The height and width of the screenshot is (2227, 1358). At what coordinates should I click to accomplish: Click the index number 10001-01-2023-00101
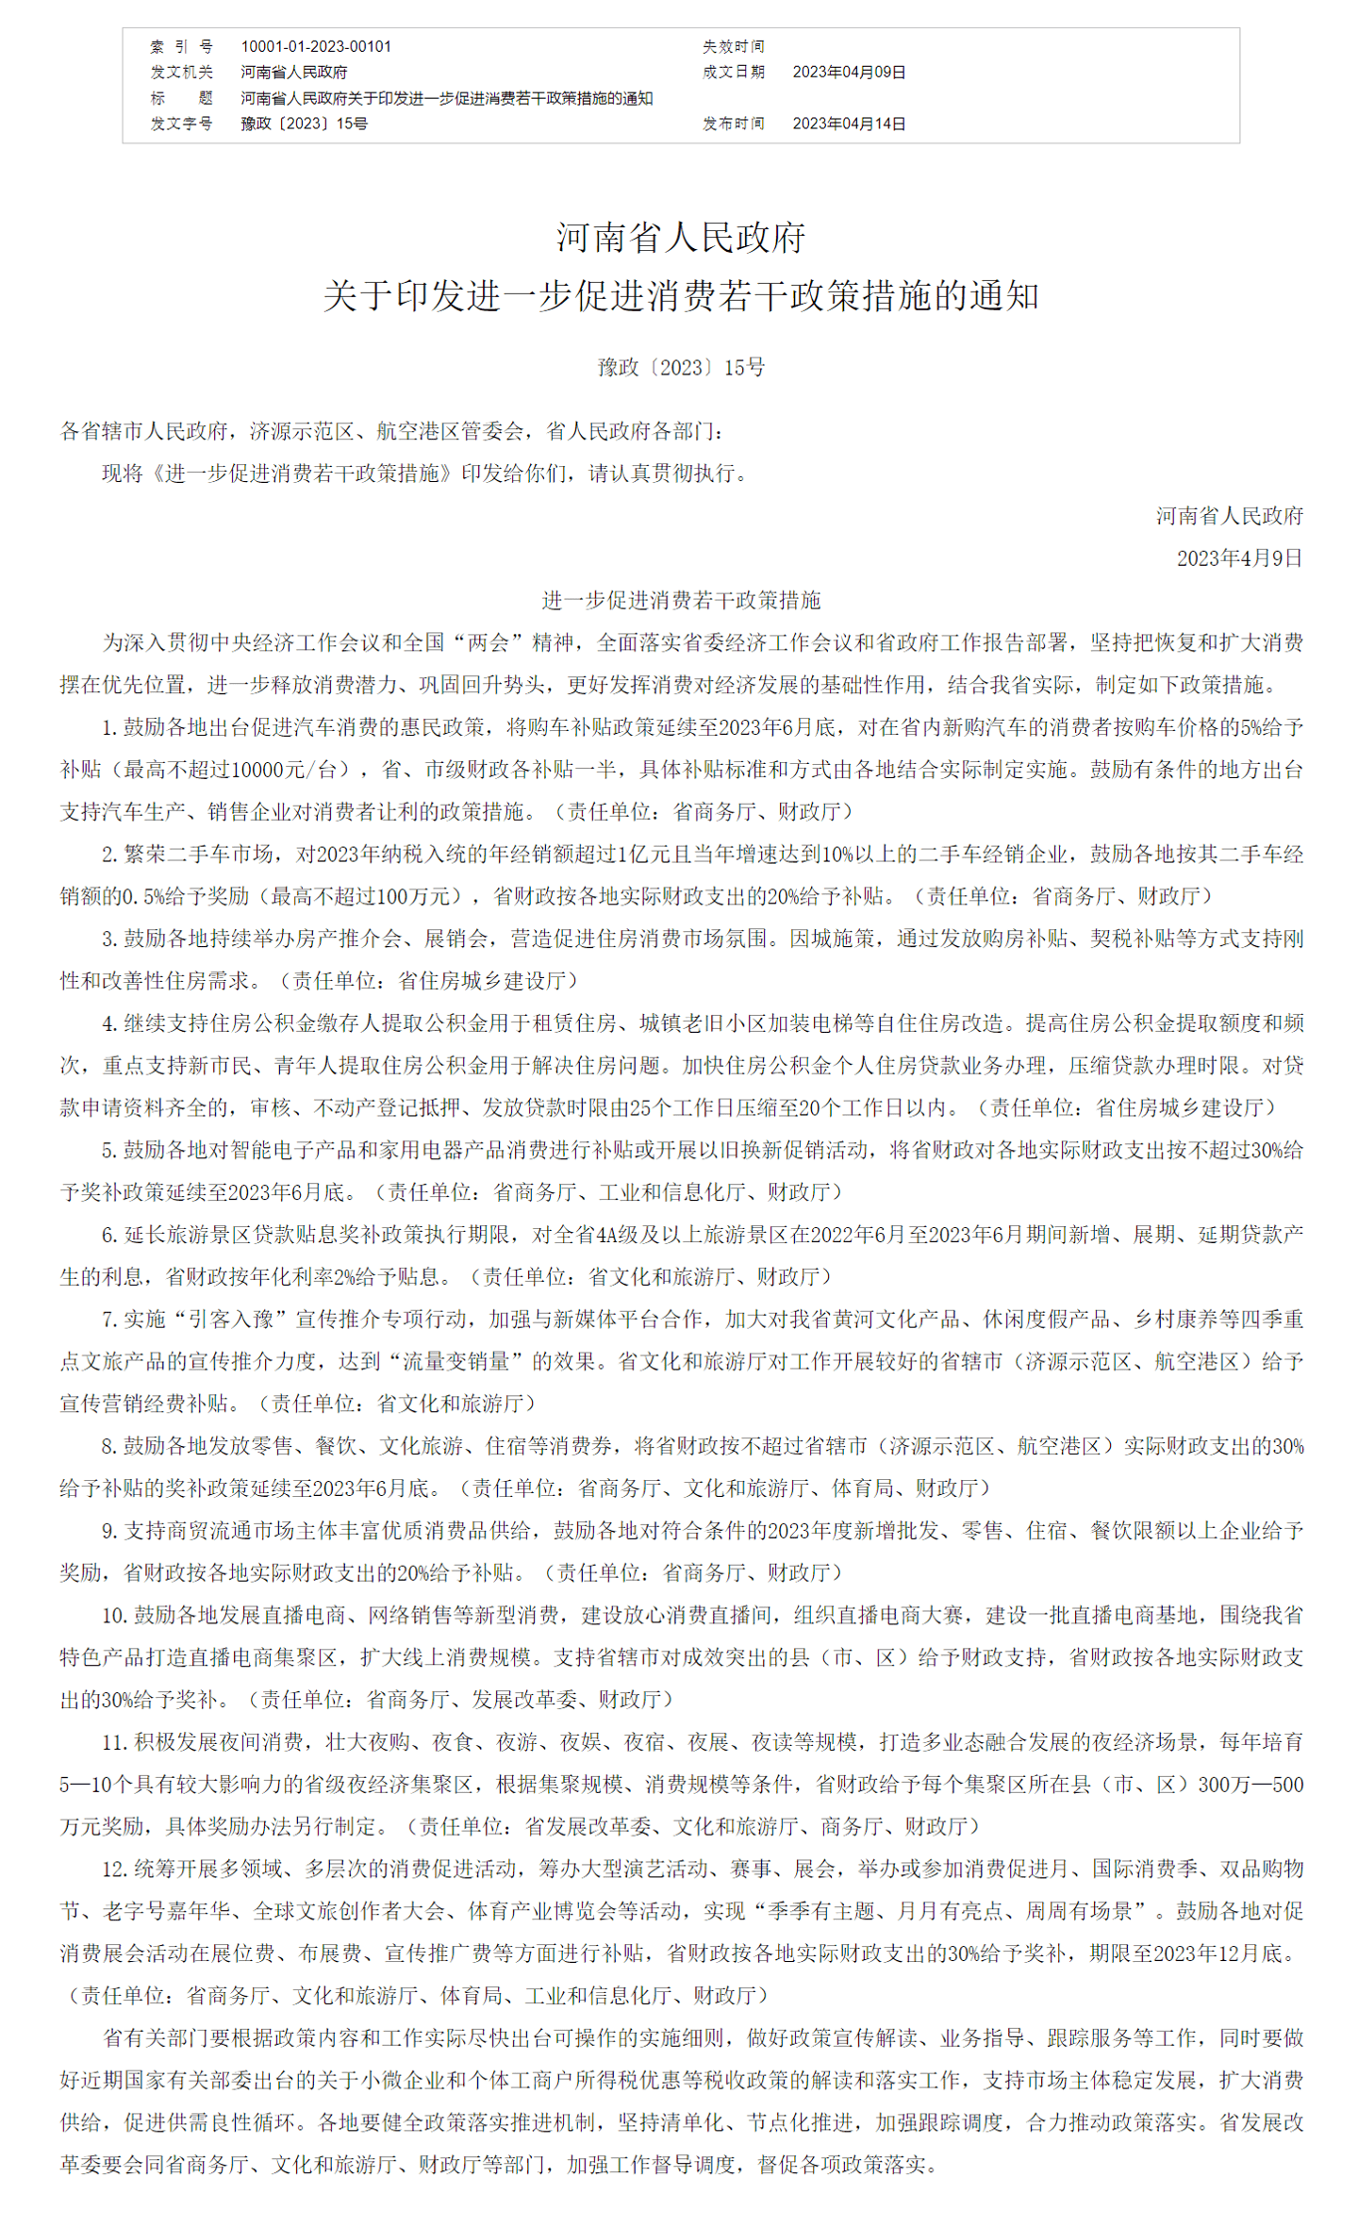pyautogui.click(x=316, y=46)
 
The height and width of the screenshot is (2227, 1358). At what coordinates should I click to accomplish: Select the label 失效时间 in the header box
pyautogui.click(x=733, y=46)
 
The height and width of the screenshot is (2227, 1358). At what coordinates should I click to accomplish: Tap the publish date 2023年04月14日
pyautogui.click(x=849, y=124)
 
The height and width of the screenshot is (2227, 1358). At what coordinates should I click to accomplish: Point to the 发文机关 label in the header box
pyautogui.click(x=182, y=72)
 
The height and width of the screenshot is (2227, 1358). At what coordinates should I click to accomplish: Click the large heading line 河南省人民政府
pyautogui.click(x=680, y=238)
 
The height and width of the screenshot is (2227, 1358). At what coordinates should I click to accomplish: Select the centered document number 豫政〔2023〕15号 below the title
pyautogui.click(x=680, y=367)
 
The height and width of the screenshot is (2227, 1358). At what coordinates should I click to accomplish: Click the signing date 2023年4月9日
pyautogui.click(x=1238, y=558)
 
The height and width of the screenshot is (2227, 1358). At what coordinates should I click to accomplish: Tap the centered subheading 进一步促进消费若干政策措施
pyautogui.click(x=680, y=600)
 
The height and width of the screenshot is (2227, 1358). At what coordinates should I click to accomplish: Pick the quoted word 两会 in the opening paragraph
pyautogui.click(x=489, y=642)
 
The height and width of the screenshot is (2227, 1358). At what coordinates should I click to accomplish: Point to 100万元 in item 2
pyautogui.click(x=408, y=896)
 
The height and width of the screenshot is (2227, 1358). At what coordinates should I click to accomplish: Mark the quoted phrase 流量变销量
pyautogui.click(x=456, y=1361)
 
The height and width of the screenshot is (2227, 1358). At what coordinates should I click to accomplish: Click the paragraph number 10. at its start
pyautogui.click(x=114, y=1615)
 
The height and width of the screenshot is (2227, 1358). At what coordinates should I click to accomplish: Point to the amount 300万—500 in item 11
pyautogui.click(x=1250, y=1785)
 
